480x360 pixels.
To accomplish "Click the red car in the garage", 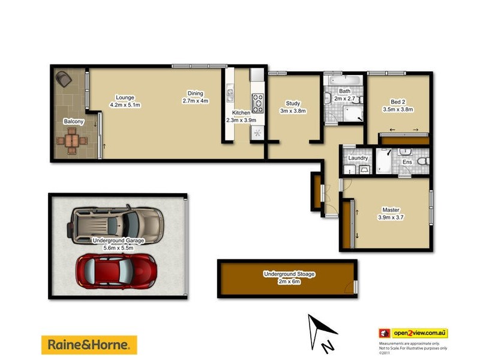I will (x=116, y=271).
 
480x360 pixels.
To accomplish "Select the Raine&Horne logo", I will (x=89, y=344).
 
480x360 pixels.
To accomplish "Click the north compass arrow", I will (x=320, y=331).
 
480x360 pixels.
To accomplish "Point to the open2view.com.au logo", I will (x=413, y=333).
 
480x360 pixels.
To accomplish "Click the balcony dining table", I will (x=71, y=142).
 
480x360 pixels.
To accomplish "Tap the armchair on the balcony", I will (x=64, y=78).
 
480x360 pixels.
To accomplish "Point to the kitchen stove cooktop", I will (x=257, y=103).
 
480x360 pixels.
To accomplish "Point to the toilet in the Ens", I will (x=422, y=163).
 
